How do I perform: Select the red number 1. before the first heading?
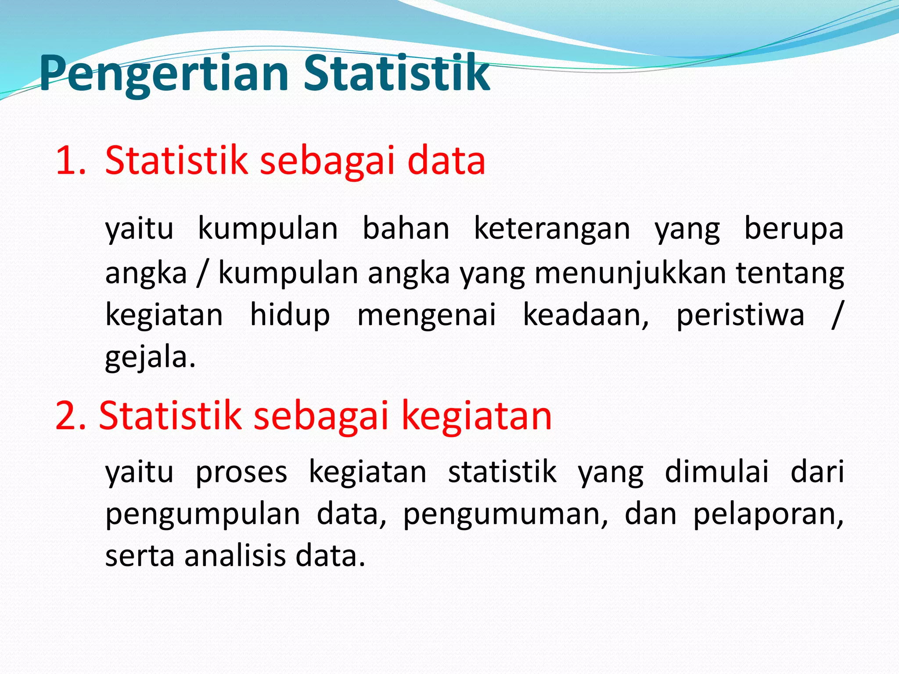pos(70,161)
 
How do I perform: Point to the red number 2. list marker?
pos(71,416)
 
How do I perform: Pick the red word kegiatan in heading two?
pos(476,416)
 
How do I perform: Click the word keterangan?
pos(552,229)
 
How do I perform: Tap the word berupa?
pos(794,229)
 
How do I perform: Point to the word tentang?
pos(790,273)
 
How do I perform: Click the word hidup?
pos(290,315)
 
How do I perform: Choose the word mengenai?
pos(426,315)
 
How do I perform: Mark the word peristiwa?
pos(740,315)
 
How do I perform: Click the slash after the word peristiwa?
pos(837,315)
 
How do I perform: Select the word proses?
pos(241,473)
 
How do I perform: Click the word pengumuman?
pos(505,514)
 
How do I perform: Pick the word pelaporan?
pos(768,514)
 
